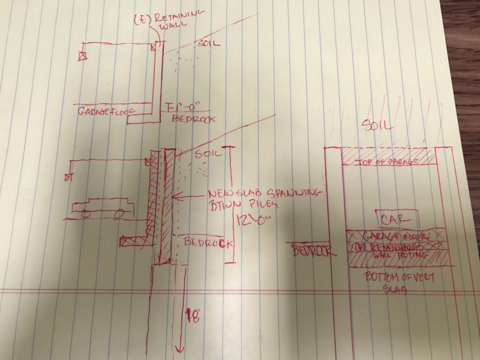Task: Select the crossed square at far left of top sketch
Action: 82,55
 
